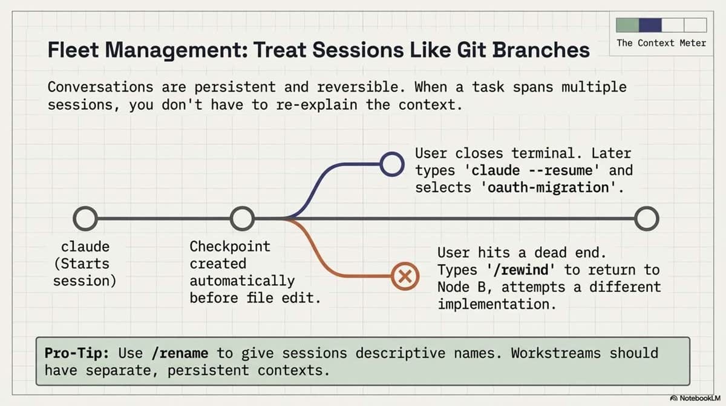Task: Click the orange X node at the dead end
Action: [405, 277]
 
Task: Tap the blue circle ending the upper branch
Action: [393, 163]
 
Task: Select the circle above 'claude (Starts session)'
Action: [85, 219]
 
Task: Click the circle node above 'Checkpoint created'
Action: [243, 219]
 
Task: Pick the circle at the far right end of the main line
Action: [646, 219]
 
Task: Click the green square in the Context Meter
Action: [627, 25]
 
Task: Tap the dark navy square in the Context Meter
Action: [650, 25]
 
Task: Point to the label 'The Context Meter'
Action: [661, 43]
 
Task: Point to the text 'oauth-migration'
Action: [548, 187]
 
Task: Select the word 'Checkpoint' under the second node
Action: [230, 247]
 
